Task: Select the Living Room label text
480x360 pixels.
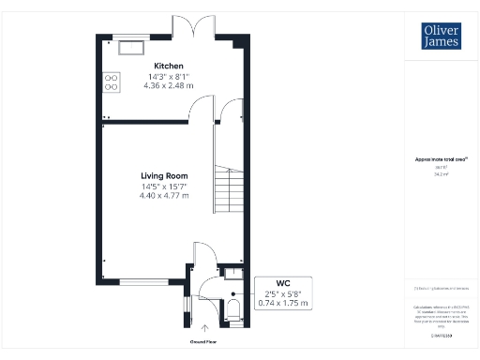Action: [x=164, y=175]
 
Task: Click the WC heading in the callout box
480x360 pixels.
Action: [x=282, y=283]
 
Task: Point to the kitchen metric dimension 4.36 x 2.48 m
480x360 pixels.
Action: [x=168, y=86]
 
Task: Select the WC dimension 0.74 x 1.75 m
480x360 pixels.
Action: [x=282, y=303]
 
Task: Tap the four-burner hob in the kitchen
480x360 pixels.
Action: [x=110, y=82]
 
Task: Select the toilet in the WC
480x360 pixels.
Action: [x=233, y=310]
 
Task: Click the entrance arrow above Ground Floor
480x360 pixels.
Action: [x=204, y=326]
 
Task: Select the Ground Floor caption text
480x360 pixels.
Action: [x=204, y=341]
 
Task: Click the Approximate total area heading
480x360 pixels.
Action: [x=441, y=159]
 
